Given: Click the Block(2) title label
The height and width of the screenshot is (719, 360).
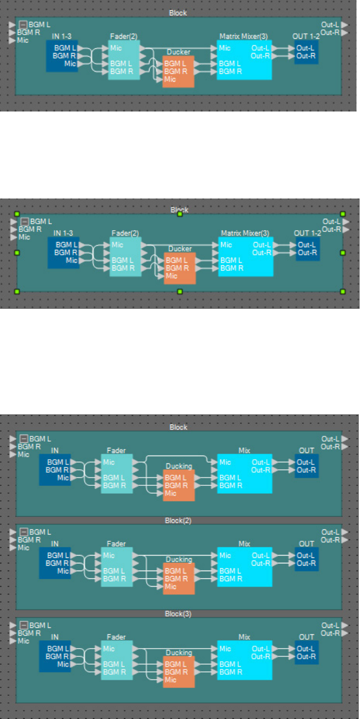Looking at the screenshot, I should tap(178, 520).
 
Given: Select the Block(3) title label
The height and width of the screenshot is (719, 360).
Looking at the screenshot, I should tap(178, 613).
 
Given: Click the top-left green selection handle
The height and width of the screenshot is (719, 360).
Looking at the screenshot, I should tap(17, 213).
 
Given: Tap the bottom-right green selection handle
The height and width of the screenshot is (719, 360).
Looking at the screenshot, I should tap(343, 291).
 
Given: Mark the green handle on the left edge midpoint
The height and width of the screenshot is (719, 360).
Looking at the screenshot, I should tap(17, 252).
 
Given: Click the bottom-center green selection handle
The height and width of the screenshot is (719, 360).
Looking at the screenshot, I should tap(180, 291).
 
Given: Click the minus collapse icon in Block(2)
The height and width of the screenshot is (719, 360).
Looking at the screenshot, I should tap(24, 532).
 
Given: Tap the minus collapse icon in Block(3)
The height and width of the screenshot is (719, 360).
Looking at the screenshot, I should tap(24, 625).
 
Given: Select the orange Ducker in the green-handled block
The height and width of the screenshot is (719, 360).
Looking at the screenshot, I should tap(179, 268).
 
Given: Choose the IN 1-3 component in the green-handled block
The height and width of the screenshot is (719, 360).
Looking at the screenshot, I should tap(63, 252).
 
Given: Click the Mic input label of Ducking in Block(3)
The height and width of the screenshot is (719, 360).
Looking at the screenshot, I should tap(170, 680).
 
